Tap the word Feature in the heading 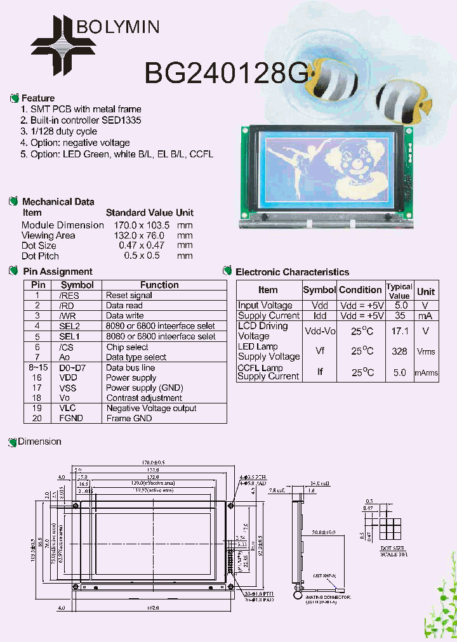click(38, 98)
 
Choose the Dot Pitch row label click(40, 256)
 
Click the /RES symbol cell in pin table click(70, 296)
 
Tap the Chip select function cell click(127, 347)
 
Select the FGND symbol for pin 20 click(71, 419)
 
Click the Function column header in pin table click(159, 285)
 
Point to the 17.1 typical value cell click(399, 331)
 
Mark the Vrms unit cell click(426, 351)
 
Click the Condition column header click(360, 290)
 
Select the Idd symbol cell click(319, 315)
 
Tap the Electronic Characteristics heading click(292, 272)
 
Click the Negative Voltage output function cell click(151, 409)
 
